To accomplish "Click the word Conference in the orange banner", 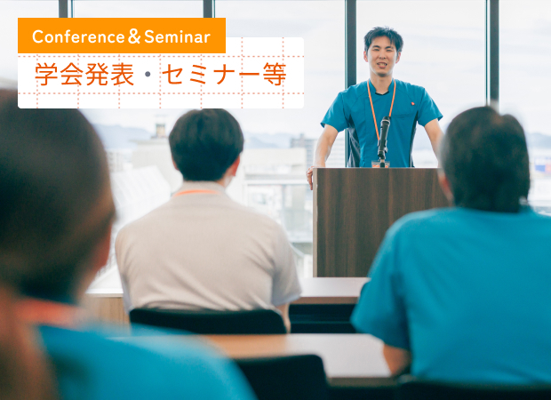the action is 78,37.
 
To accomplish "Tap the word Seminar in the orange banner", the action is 177,37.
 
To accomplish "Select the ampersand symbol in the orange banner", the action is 134,36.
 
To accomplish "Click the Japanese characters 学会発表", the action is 84,75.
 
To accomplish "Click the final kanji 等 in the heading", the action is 275,75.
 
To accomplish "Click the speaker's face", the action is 381,58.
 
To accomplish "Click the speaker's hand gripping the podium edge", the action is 309,177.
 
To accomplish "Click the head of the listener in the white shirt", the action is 206,145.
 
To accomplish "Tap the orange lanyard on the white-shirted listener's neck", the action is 196,192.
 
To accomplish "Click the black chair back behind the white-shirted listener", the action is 208,321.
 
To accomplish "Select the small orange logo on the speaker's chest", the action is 413,104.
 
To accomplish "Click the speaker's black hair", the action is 384,37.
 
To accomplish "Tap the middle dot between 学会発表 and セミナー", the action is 148,75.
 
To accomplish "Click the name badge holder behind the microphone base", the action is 380,164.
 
